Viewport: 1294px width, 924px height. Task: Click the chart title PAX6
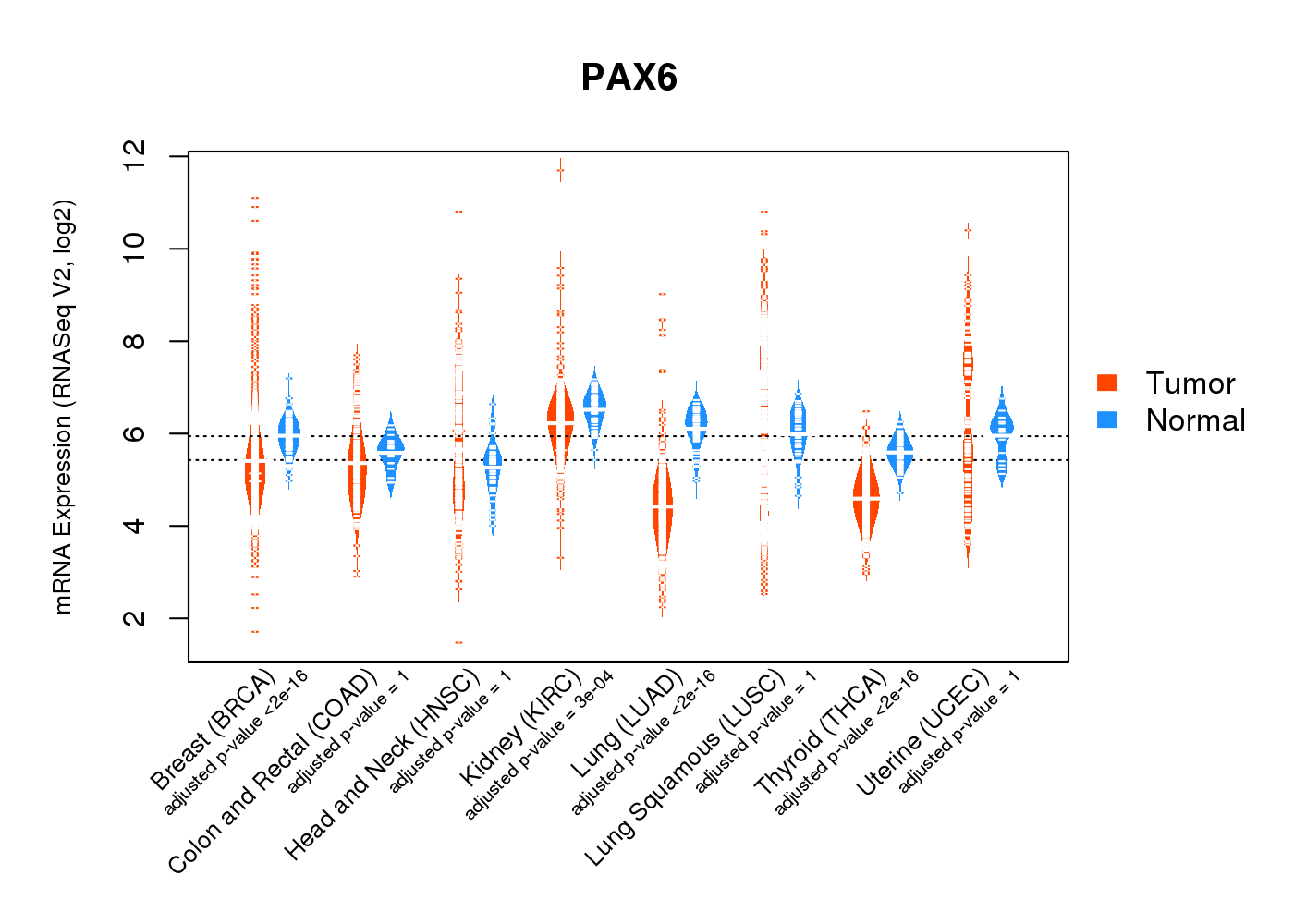click(x=629, y=78)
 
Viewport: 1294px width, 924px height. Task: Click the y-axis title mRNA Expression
click(x=63, y=407)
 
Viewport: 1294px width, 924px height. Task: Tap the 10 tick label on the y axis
click(x=135, y=249)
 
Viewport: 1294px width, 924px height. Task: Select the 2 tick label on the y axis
click(x=135, y=618)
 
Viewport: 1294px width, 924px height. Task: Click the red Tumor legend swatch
click(x=1107, y=383)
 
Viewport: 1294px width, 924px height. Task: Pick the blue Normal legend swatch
click(x=1107, y=419)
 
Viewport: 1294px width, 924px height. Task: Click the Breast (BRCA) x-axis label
click(x=214, y=730)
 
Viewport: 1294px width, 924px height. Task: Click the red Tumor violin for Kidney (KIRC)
click(x=560, y=420)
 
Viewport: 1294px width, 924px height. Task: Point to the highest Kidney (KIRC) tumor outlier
click(x=560, y=170)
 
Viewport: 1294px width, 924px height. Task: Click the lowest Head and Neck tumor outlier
click(x=458, y=642)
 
